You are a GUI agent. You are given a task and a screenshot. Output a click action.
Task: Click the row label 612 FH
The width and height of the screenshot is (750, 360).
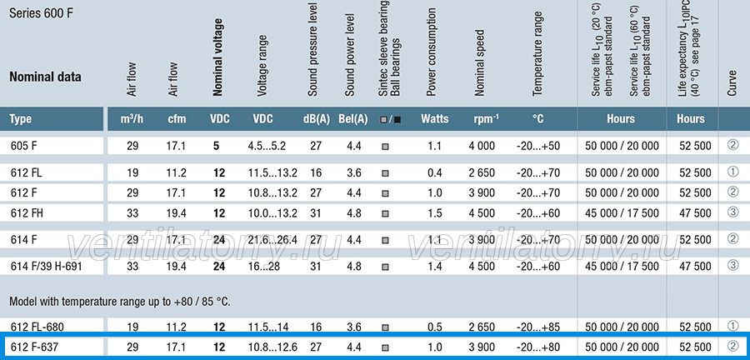(x=27, y=213)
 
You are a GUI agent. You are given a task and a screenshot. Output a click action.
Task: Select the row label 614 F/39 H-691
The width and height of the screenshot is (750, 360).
(x=47, y=267)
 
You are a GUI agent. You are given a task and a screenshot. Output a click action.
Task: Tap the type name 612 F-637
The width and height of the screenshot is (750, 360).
(x=34, y=347)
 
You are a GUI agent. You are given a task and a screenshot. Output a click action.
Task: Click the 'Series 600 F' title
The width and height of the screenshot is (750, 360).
(x=41, y=14)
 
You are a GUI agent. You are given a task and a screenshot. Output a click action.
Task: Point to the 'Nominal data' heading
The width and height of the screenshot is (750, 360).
(x=46, y=77)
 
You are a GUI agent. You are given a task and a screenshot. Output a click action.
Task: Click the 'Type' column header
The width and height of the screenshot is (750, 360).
(x=21, y=119)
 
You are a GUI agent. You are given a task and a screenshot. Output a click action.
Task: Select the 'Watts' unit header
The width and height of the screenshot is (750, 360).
(x=435, y=118)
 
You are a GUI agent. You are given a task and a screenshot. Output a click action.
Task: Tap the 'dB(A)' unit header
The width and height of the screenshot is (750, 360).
(x=316, y=119)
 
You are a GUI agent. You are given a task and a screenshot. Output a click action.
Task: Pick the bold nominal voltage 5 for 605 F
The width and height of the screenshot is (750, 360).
(x=216, y=146)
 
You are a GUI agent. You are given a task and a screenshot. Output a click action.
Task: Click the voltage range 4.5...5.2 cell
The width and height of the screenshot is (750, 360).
(x=267, y=146)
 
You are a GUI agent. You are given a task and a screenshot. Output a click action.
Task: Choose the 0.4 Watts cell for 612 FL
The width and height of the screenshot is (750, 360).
(x=435, y=172)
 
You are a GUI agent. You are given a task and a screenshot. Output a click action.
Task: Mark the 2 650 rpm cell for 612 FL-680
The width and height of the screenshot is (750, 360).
(x=482, y=327)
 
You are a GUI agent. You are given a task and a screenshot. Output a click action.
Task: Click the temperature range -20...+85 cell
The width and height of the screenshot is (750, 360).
(x=538, y=327)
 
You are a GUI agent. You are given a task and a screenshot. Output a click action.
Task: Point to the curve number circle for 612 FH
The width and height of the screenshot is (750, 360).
(x=732, y=212)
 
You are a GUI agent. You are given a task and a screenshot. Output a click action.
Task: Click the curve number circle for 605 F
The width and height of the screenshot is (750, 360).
(x=732, y=145)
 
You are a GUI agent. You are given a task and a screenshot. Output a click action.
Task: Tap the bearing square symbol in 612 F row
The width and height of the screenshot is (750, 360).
(x=385, y=193)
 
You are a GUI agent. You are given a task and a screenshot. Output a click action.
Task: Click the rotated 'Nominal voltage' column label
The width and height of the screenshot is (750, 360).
(x=218, y=57)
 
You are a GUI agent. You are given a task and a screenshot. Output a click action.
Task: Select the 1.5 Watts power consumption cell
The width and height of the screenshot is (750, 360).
(x=435, y=213)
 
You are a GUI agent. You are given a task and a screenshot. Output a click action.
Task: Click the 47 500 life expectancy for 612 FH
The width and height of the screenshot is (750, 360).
(x=695, y=213)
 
